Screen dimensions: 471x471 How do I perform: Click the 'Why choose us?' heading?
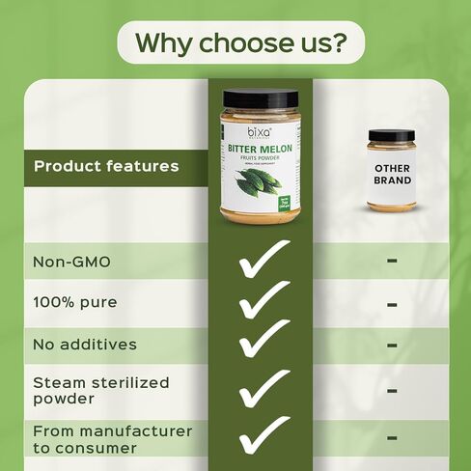click(235, 43)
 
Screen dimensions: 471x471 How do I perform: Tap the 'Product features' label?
click(106, 166)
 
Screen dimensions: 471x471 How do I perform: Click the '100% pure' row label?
click(75, 302)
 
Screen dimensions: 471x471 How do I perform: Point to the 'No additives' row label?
click(85, 344)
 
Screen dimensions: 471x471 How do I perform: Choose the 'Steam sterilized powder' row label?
click(101, 390)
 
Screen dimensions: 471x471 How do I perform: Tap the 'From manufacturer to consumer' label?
click(113, 439)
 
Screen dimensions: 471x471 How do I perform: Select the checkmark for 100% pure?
click(263, 301)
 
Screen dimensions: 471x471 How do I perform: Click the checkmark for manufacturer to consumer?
click(263, 436)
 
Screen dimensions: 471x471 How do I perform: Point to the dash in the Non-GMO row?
click(392, 261)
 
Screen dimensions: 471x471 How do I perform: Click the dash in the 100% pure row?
click(392, 303)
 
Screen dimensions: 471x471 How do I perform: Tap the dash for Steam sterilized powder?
click(392, 391)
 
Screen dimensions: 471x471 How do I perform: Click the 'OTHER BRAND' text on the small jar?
click(392, 175)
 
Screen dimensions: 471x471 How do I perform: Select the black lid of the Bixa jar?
click(261, 97)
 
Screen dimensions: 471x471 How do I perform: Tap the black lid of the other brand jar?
click(391, 135)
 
